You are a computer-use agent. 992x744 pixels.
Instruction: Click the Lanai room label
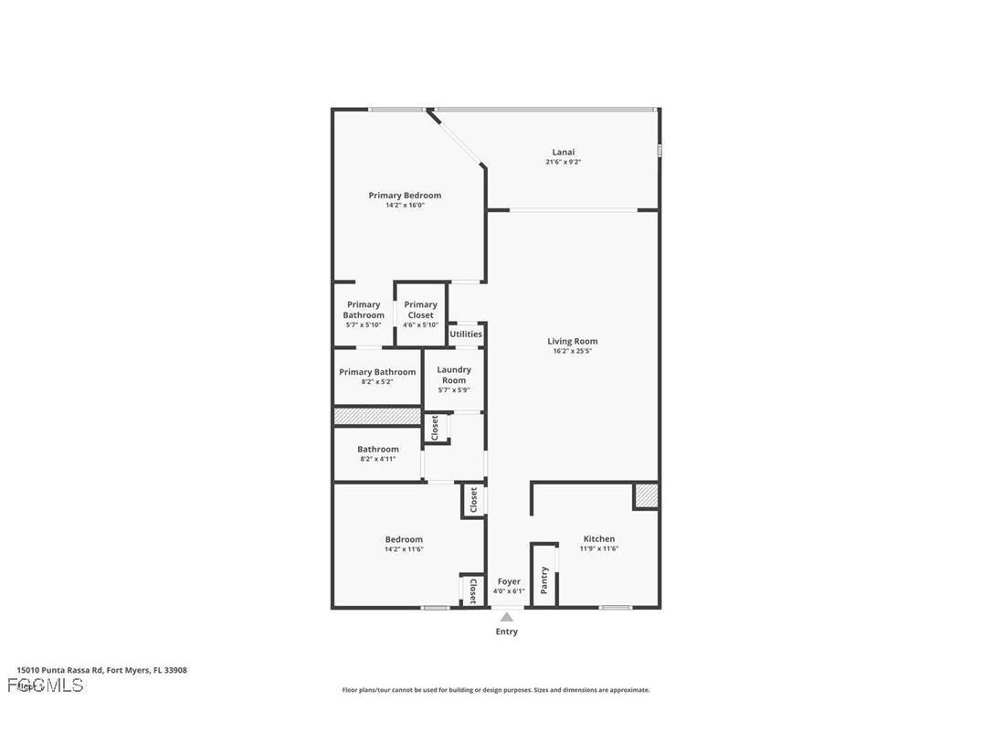click(563, 152)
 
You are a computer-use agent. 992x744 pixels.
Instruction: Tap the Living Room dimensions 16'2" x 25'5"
click(572, 352)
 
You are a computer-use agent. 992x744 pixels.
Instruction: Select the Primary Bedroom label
click(405, 195)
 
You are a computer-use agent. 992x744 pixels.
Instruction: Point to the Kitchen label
click(598, 538)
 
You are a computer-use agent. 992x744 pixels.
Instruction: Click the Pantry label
click(544, 579)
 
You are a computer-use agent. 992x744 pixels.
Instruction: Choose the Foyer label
click(508, 581)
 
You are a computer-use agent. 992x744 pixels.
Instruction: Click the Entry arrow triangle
click(506, 617)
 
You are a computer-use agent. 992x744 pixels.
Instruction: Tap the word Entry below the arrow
click(506, 632)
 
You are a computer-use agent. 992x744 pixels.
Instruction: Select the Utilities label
click(466, 335)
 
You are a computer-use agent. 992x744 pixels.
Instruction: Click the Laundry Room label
click(453, 375)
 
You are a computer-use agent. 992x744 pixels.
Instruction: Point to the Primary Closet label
click(420, 310)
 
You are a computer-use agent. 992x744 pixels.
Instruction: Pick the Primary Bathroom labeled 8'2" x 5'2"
click(377, 372)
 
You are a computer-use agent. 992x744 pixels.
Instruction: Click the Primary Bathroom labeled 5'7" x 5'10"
click(364, 310)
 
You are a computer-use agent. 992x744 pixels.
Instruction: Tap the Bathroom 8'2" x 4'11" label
click(377, 450)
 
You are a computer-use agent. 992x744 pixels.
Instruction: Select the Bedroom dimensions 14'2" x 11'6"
click(404, 549)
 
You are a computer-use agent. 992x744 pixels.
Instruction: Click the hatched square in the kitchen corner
click(646, 495)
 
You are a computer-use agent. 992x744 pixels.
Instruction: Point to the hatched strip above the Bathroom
click(376, 417)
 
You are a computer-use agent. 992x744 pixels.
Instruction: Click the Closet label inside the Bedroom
click(473, 590)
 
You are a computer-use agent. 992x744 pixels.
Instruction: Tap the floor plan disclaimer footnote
click(496, 690)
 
